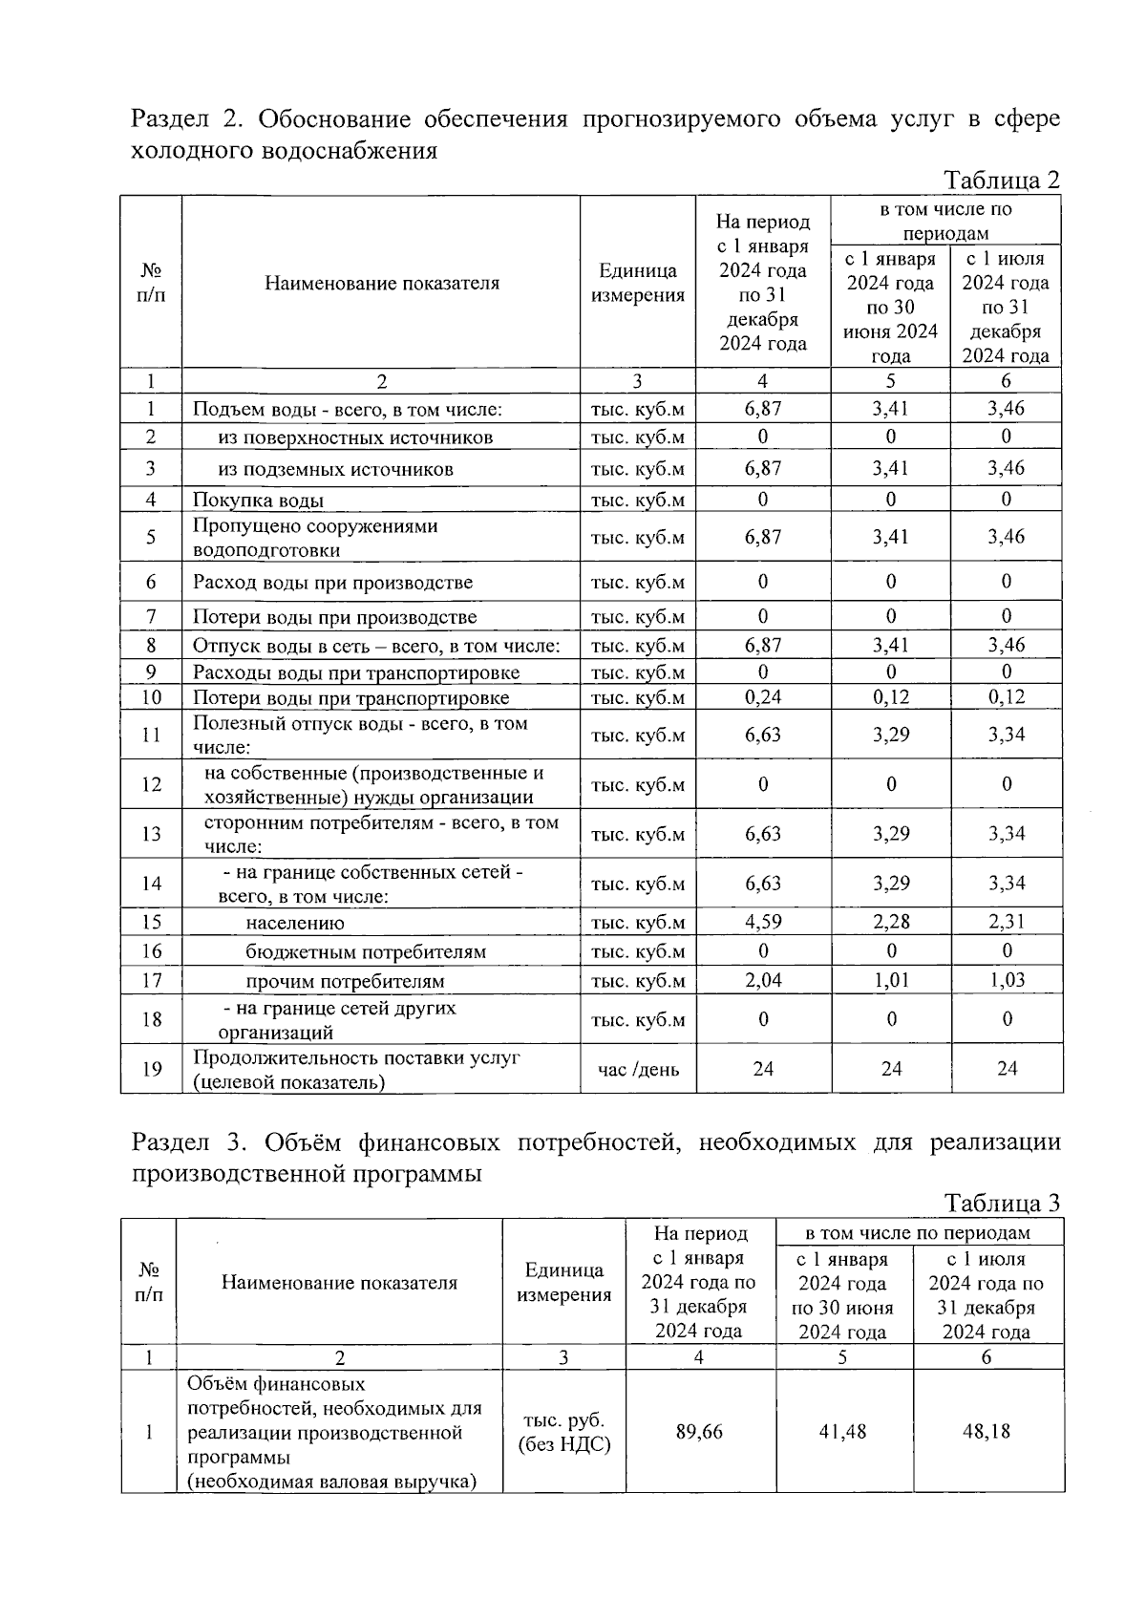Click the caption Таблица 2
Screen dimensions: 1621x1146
(1001, 181)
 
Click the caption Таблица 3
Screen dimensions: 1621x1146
(1002, 1203)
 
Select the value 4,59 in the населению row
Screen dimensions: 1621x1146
(762, 923)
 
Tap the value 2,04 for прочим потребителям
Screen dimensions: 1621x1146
(762, 981)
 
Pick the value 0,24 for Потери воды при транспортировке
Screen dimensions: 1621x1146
(762, 697)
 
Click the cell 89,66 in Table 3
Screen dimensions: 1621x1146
(699, 1432)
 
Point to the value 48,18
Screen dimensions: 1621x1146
(987, 1432)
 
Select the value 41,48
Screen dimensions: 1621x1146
(842, 1432)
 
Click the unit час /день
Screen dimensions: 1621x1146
(638, 1069)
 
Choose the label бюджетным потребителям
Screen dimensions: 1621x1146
(366, 952)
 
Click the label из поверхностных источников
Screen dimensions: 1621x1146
(355, 438)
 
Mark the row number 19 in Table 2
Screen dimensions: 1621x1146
(151, 1069)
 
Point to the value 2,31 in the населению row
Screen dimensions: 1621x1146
(1006, 923)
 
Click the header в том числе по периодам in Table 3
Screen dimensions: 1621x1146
(918, 1233)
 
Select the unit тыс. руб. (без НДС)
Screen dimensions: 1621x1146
(563, 1432)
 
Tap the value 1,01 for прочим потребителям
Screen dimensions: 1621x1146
(890, 981)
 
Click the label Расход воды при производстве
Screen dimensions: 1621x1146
(332, 583)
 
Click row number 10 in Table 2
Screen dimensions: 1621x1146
(151, 697)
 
